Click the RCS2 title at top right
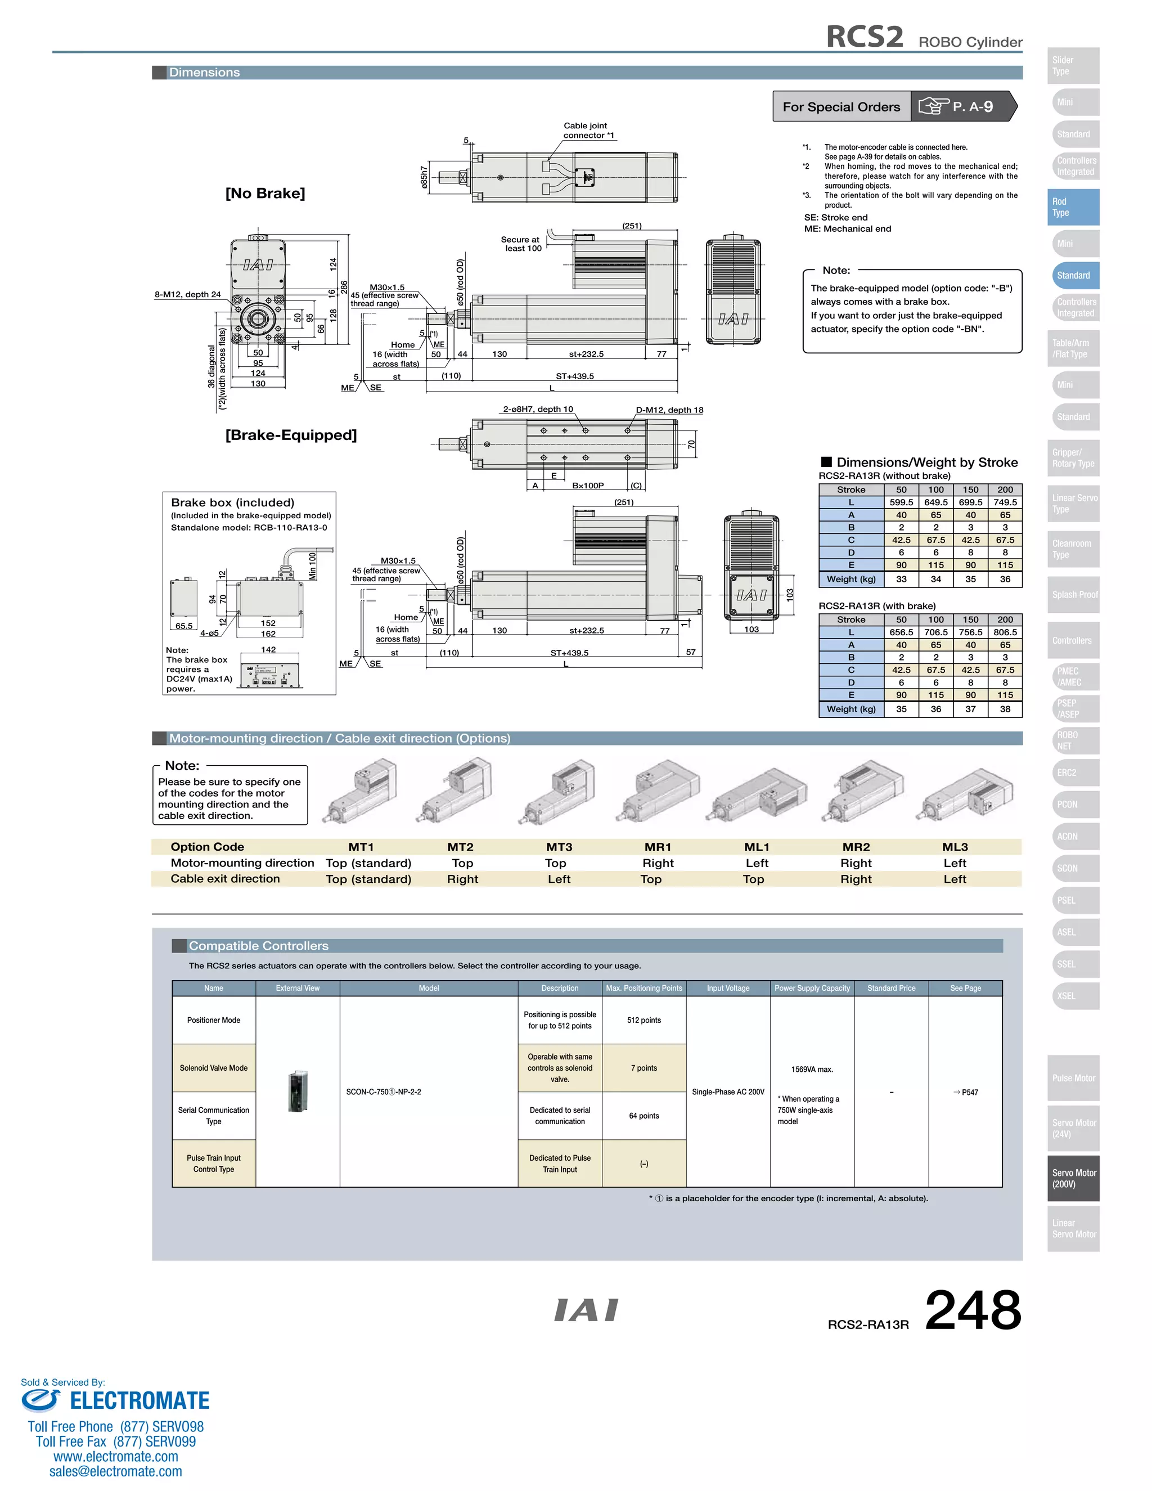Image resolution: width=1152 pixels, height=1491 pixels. click(x=864, y=37)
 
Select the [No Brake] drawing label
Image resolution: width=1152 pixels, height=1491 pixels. click(x=265, y=193)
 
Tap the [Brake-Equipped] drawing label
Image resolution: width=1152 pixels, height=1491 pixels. click(x=291, y=435)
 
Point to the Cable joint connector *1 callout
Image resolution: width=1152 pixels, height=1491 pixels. click(x=588, y=131)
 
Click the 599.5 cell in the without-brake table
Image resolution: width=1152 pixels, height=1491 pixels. click(x=901, y=502)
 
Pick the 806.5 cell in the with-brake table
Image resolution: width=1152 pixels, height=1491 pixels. click(x=1005, y=632)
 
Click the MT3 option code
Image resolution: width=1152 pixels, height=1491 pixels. click(x=559, y=847)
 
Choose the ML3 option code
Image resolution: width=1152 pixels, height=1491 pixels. click(x=955, y=847)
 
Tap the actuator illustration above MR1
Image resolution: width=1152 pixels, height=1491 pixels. click(x=659, y=792)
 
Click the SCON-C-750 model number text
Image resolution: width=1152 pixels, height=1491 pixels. click(x=383, y=1092)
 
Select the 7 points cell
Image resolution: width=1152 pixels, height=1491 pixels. click(x=643, y=1068)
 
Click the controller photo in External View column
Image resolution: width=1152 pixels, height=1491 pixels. click(x=298, y=1091)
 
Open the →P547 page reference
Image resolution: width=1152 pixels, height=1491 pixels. click(x=966, y=1092)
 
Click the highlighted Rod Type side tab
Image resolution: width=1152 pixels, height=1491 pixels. click(x=1073, y=207)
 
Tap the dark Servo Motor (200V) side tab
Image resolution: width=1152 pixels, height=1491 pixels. click(x=1073, y=1178)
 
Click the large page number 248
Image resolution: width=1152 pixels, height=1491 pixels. click(x=973, y=1311)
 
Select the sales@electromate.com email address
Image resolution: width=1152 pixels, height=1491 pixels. click(x=115, y=1471)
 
